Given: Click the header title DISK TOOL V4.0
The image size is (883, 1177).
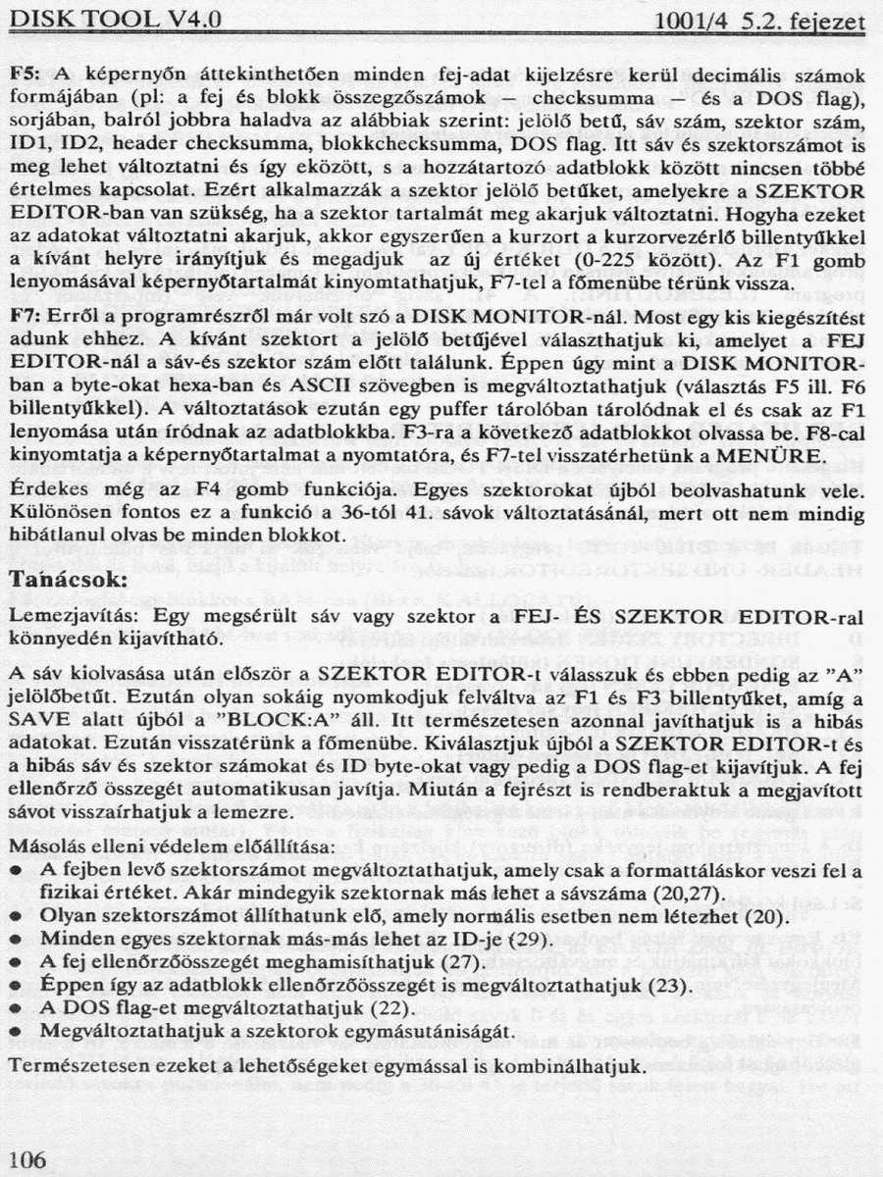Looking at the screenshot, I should [119, 21].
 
